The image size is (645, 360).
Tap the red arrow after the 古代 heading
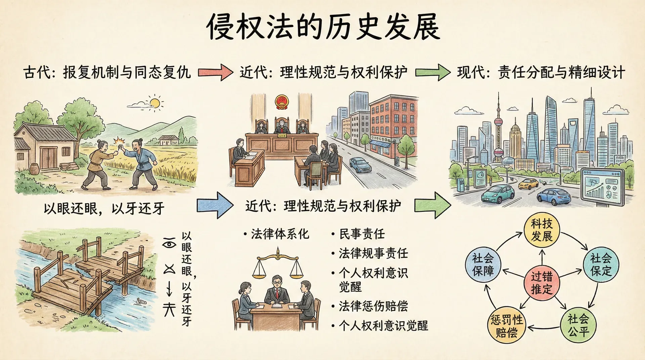pyautogui.click(x=215, y=72)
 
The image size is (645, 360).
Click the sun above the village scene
pyautogui.click(x=155, y=102)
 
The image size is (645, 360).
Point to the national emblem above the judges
pyautogui.click(x=282, y=102)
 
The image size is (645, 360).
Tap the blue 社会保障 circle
pyautogui.click(x=483, y=264)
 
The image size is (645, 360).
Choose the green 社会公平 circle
pyautogui.click(x=578, y=325)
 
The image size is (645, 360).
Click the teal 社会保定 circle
pyautogui.click(x=601, y=264)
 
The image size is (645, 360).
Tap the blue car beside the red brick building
pyautogui.click(x=360, y=165)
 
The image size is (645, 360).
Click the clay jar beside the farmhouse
pyautogui.click(x=35, y=168)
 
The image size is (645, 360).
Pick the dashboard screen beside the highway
pyautogui.click(x=603, y=186)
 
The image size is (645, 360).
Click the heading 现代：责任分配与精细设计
pyautogui.click(x=541, y=72)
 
